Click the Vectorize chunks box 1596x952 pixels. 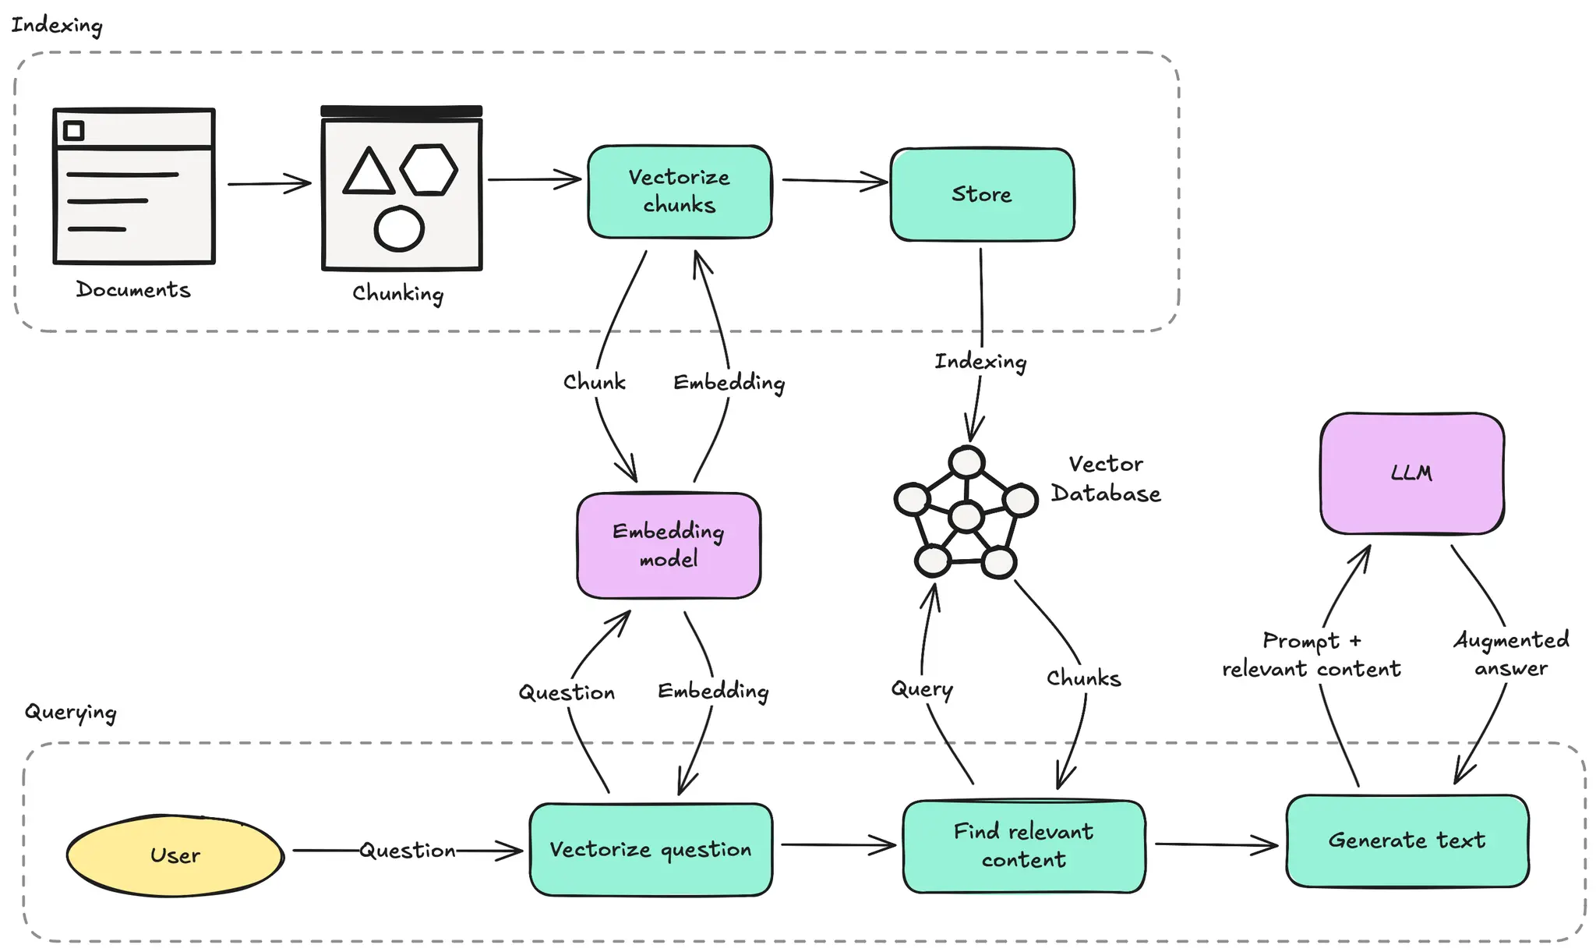[680, 192]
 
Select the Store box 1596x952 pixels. [982, 194]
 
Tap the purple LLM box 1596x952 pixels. [1411, 473]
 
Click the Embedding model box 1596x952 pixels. [669, 545]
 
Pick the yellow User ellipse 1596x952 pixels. [175, 855]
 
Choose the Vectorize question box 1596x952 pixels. [651, 849]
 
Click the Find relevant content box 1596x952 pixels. [1023, 846]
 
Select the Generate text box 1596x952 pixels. [1407, 841]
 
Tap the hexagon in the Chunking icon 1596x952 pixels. [429, 169]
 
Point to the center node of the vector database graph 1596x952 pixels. [966, 516]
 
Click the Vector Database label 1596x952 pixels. [1105, 479]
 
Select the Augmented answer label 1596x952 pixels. [1511, 654]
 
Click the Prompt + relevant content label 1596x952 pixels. [1312, 655]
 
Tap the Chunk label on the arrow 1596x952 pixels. [595, 382]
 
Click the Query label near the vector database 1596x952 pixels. [922, 688]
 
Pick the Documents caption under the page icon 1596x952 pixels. [133, 290]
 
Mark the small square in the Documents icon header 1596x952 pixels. [74, 130]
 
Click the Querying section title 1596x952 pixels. [71, 712]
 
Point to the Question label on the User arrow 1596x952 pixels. [408, 850]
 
